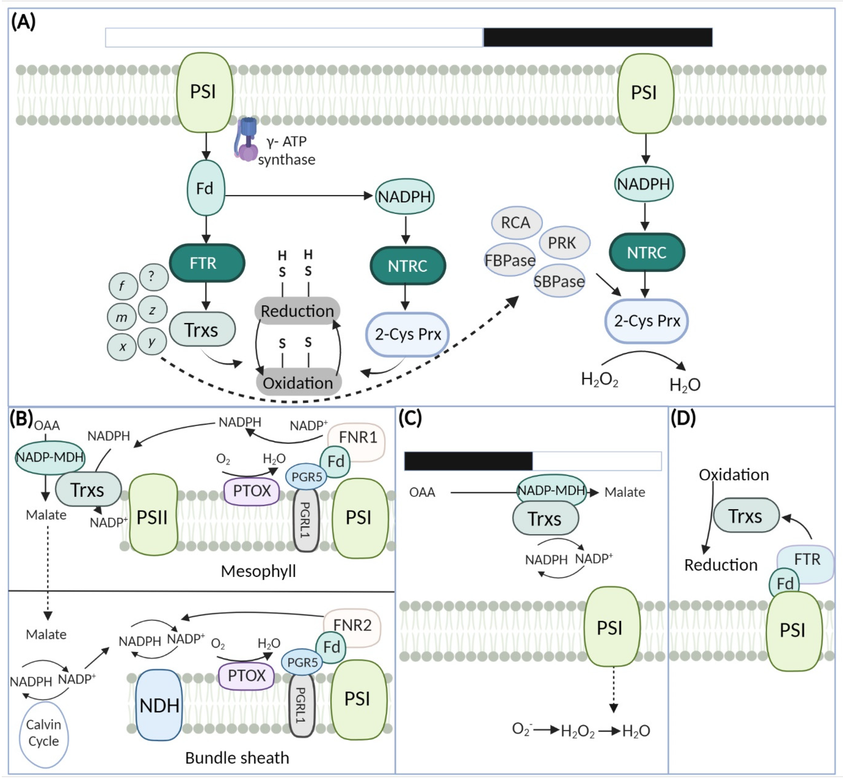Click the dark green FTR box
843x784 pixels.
point(207,263)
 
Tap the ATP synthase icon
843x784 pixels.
point(247,140)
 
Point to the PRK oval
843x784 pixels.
point(564,243)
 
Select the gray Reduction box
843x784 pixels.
point(297,311)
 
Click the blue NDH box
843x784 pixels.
point(159,705)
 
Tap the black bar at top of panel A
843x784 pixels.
point(598,37)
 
